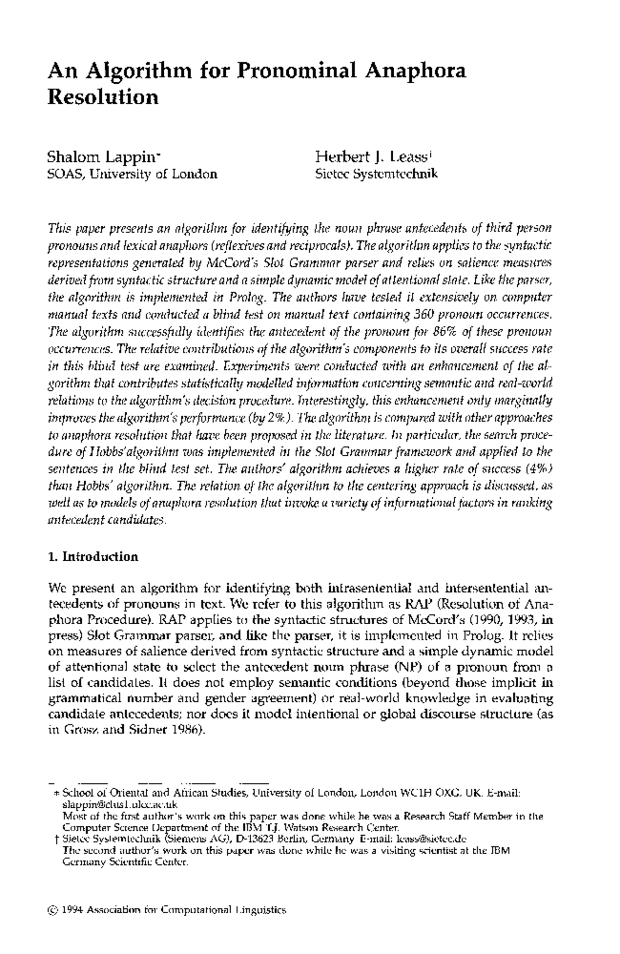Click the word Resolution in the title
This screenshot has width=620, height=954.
tap(102, 97)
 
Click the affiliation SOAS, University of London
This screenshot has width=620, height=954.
tap(132, 174)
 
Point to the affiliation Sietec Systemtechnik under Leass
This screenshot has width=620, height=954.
tap(377, 174)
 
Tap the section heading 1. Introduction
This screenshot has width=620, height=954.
tap(93, 557)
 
